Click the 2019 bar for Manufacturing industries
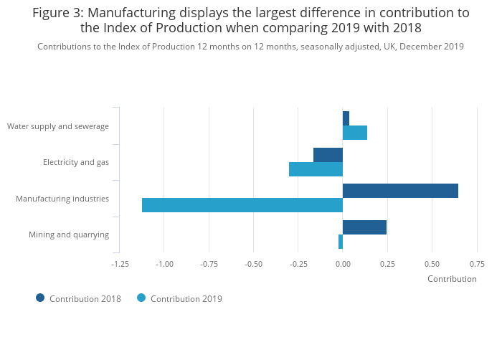coord(242,205)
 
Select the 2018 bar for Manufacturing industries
coord(400,191)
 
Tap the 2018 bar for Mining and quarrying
coord(364,227)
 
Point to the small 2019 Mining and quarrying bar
coord(341,242)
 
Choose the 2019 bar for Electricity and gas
coord(316,169)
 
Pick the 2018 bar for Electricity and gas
coord(328,155)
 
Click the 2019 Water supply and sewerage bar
coord(355,133)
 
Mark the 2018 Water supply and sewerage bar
coord(346,118)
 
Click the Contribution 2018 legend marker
coord(40,298)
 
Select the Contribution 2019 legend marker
coord(141,298)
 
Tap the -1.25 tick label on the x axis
coord(120,264)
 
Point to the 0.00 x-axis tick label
coord(343,264)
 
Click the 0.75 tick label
coord(477,264)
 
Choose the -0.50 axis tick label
coord(253,264)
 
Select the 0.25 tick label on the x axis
coord(387,264)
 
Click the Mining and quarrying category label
coord(69,235)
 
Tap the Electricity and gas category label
coord(76,162)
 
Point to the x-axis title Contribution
coord(452,279)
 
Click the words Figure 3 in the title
coord(57,13)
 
